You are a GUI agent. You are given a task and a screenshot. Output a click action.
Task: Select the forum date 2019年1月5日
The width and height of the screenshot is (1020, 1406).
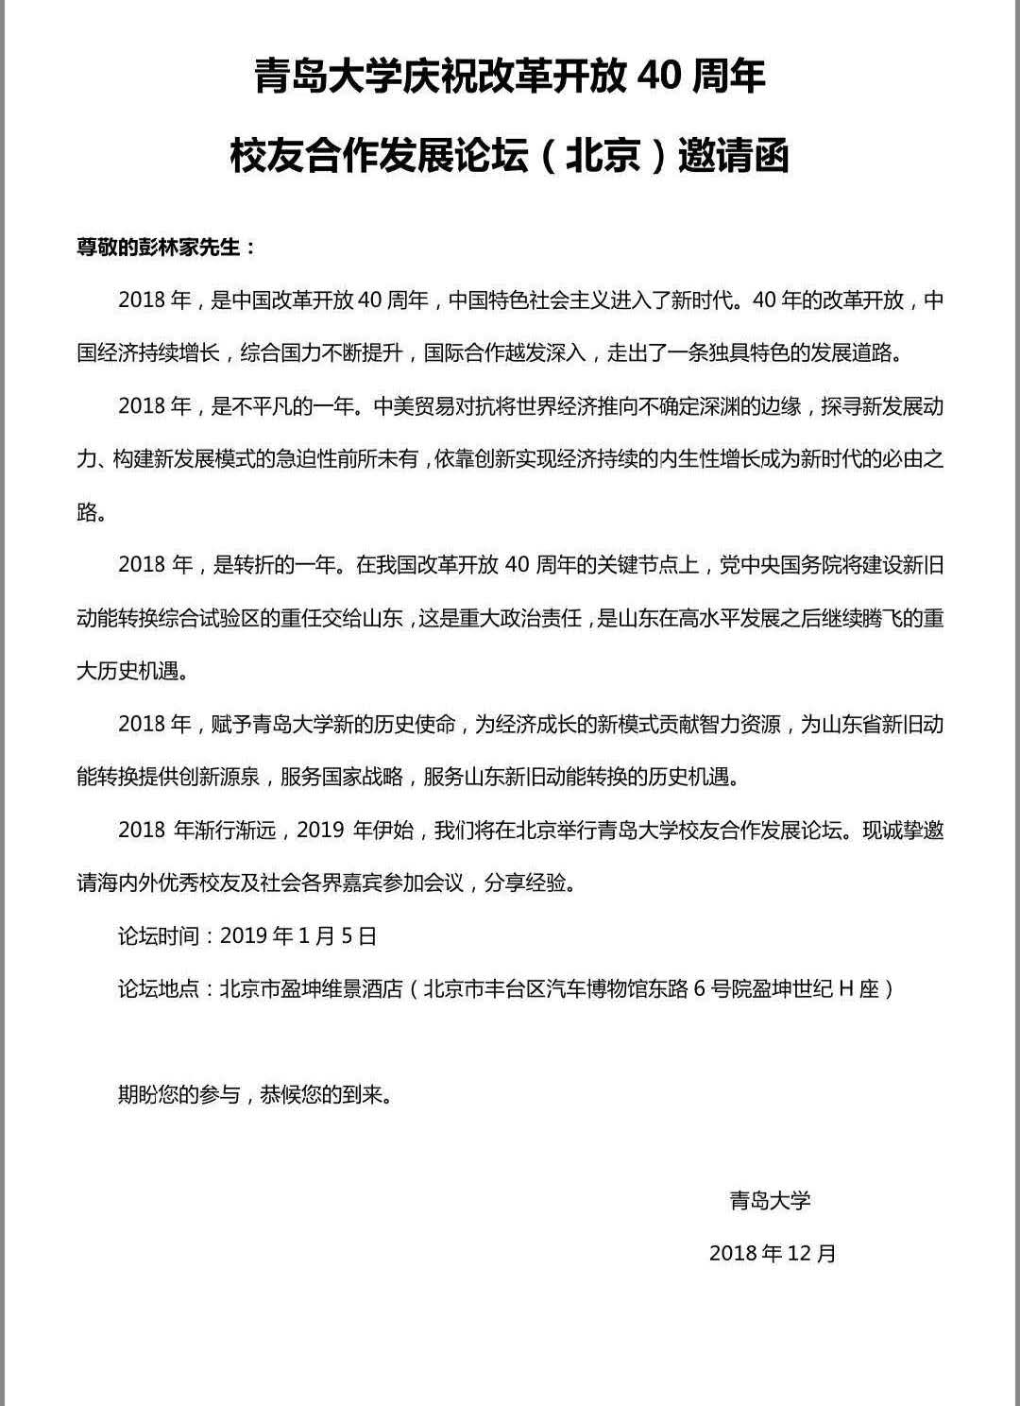[298, 936]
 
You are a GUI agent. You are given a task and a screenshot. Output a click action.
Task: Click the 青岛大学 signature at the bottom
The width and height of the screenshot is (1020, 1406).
[770, 1201]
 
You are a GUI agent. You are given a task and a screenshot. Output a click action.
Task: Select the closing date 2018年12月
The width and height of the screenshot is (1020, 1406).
[773, 1254]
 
